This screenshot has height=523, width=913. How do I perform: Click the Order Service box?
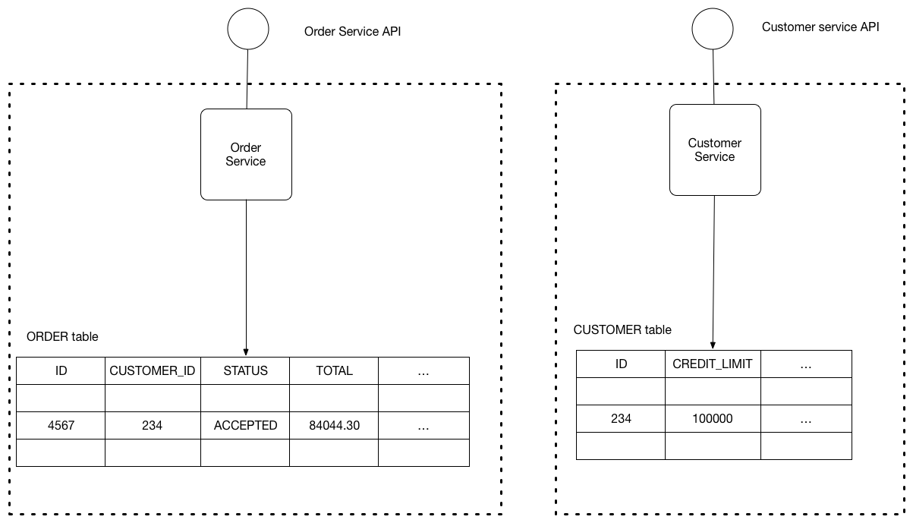246,155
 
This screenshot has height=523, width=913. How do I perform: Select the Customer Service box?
715,150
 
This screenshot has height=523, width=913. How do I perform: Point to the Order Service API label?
352,32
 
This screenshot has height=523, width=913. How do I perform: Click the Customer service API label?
820,27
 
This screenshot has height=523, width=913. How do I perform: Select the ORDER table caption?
62,336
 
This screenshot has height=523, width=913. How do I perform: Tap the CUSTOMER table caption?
622,329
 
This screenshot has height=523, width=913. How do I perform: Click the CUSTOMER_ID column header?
153,370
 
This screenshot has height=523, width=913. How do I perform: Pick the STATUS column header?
245,370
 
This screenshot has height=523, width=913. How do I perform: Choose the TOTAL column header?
334,370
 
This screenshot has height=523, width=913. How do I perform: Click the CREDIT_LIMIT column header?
713,364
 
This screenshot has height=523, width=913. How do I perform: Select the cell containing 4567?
60,426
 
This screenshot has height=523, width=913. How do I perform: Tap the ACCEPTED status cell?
245,426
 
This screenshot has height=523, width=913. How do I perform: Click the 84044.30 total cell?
334,426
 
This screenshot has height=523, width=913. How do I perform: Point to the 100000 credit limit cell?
713,418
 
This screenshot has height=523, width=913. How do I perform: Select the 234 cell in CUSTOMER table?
621,418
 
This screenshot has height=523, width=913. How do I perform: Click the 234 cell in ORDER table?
153,426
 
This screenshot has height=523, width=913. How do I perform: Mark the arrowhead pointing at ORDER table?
246,351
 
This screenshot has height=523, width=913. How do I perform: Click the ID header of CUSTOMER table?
621,364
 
